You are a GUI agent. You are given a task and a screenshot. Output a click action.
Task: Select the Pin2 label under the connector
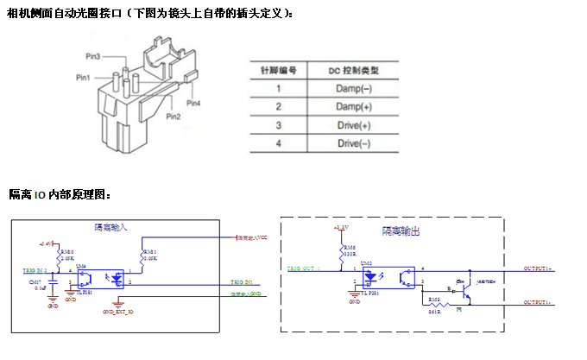tap(174, 116)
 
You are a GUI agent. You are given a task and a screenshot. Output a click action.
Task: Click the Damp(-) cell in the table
tap(354, 88)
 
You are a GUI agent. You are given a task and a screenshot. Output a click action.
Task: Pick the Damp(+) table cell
tap(354, 106)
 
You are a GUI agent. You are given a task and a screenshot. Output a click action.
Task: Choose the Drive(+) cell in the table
tap(354, 124)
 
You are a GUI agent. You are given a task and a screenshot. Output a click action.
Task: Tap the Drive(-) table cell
tap(354, 142)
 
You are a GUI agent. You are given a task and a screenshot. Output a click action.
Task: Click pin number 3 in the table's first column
tap(278, 124)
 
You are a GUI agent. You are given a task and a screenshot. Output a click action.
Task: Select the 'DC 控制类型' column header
tap(354, 70)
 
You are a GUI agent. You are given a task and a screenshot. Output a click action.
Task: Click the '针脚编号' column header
tap(278, 70)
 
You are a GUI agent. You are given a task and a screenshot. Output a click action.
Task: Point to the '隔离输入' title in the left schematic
tap(110, 227)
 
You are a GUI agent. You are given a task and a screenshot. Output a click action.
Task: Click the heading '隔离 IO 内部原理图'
tap(60, 194)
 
